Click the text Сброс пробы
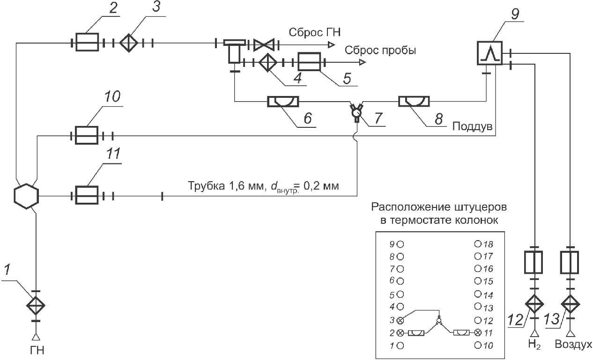[x=380, y=50]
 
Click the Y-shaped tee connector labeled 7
[x=357, y=113]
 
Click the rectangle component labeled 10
[x=87, y=136]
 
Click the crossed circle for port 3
[x=400, y=321]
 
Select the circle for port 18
[x=477, y=244]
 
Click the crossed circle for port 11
[x=477, y=333]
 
